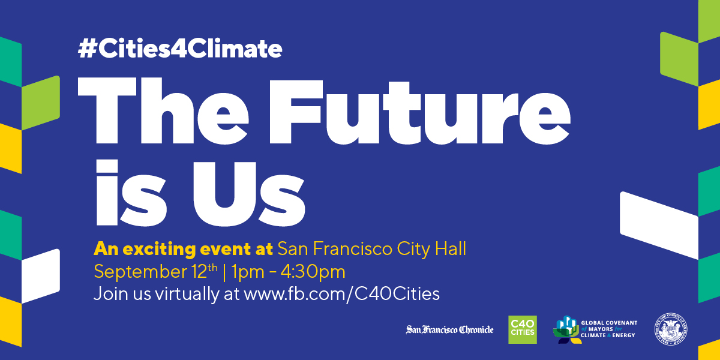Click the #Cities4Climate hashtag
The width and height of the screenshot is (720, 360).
179,49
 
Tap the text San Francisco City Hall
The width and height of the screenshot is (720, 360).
371,248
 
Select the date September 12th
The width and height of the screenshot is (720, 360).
155,272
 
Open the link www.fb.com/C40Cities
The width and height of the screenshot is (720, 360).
341,294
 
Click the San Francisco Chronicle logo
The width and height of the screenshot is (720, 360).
449,329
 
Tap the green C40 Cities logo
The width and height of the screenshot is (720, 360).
522,329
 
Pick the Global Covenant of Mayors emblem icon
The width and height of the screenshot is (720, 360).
566,329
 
